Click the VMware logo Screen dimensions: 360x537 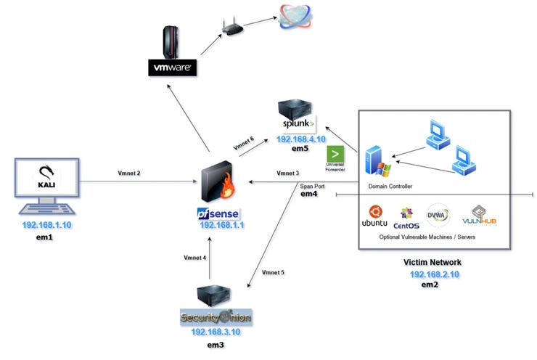click(x=172, y=68)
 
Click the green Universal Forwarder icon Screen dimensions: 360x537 click(x=335, y=154)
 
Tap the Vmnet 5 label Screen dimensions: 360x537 click(x=271, y=272)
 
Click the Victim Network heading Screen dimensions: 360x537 click(x=433, y=262)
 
